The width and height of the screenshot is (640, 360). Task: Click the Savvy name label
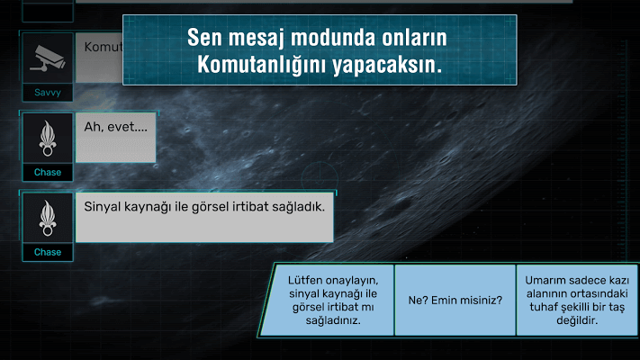coord(48,93)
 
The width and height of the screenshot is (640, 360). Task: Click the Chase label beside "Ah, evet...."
coord(48,172)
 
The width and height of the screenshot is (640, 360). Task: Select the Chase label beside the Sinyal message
coord(48,252)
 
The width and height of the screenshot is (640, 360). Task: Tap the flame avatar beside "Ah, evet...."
coord(48,139)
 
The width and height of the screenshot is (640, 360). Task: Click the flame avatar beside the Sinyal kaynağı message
coord(48,219)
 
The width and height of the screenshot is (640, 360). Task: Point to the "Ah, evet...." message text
coord(115,127)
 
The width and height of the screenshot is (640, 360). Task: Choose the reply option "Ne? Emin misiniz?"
coord(455,301)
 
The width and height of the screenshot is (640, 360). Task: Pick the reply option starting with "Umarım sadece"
coord(577,301)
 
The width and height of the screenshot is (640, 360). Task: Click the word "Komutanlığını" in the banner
coord(261,65)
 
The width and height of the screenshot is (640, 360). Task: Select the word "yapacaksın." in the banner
coord(387,66)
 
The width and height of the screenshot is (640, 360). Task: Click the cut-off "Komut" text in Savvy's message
coord(104,47)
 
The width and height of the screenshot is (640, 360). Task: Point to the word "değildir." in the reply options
coord(577,320)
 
